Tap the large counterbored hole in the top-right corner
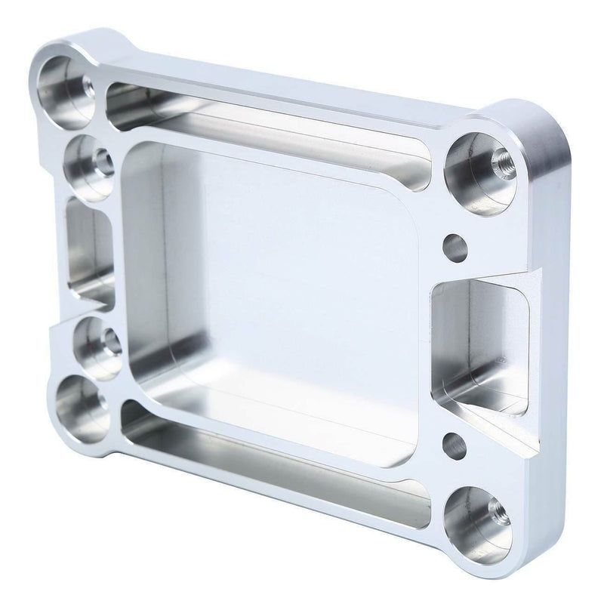[x=477, y=164]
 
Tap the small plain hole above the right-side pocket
[x=455, y=245]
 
